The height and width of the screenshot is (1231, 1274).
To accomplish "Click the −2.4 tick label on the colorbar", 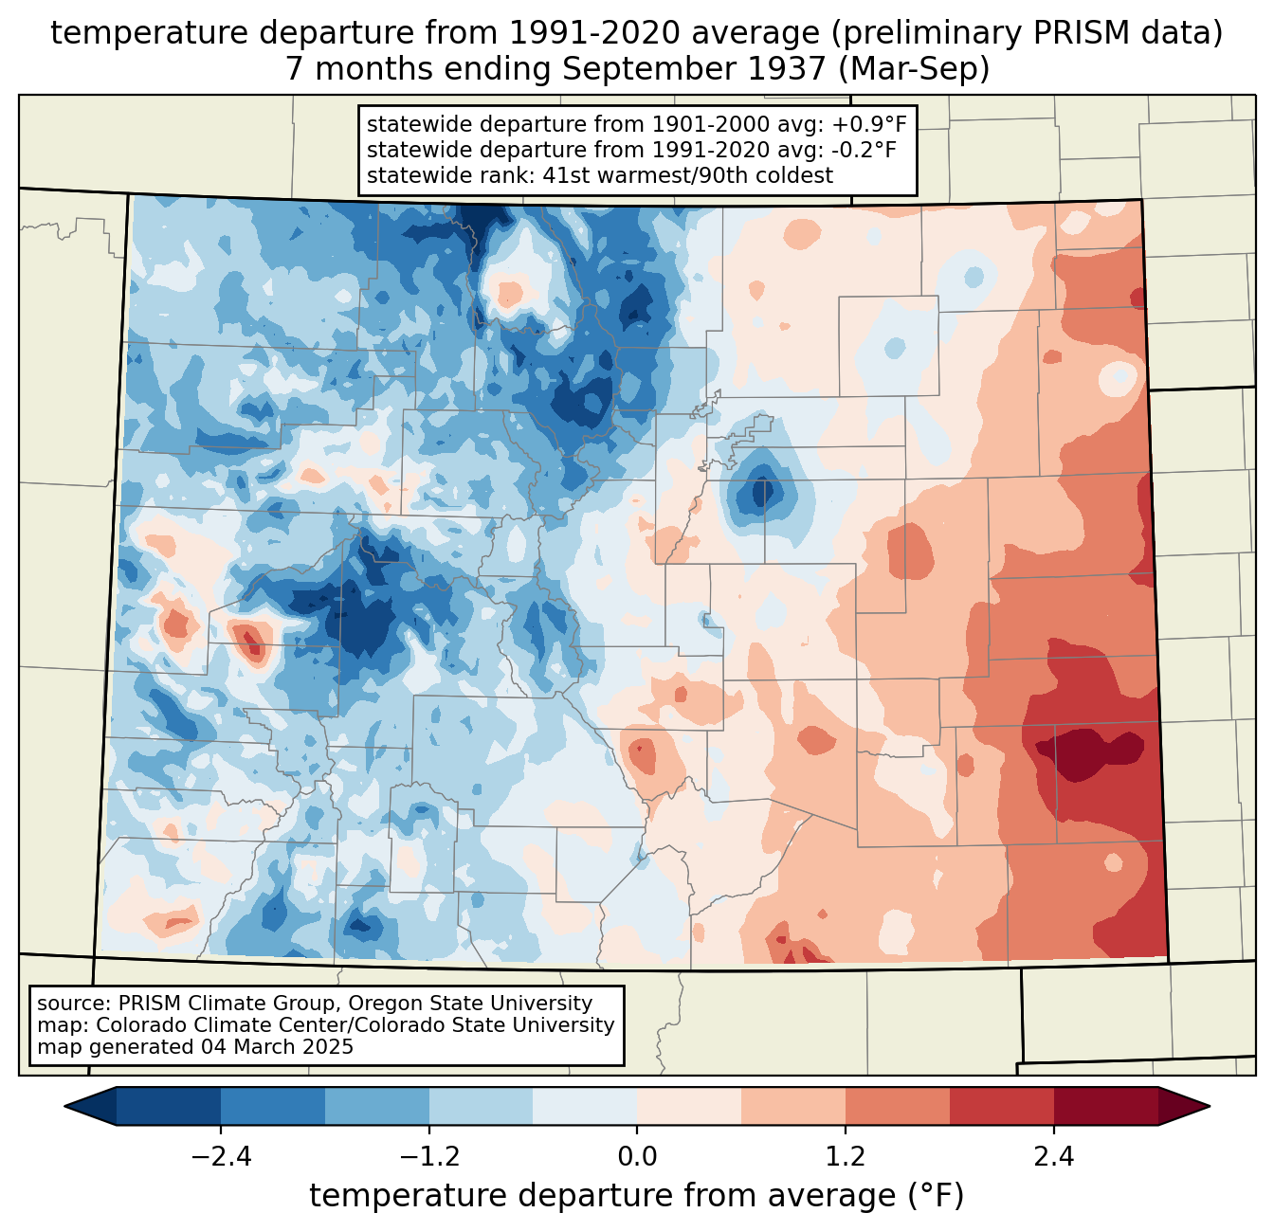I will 221,1157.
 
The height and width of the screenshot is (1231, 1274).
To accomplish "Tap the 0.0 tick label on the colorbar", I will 637,1157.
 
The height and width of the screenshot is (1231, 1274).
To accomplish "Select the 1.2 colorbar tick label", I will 846,1157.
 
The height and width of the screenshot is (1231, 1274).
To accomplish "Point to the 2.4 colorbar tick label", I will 1053,1157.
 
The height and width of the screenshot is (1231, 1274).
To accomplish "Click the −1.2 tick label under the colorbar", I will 429,1157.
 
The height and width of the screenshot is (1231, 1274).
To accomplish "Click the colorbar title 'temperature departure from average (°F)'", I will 637,1195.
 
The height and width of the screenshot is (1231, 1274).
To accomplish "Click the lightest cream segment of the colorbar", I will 689,1106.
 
